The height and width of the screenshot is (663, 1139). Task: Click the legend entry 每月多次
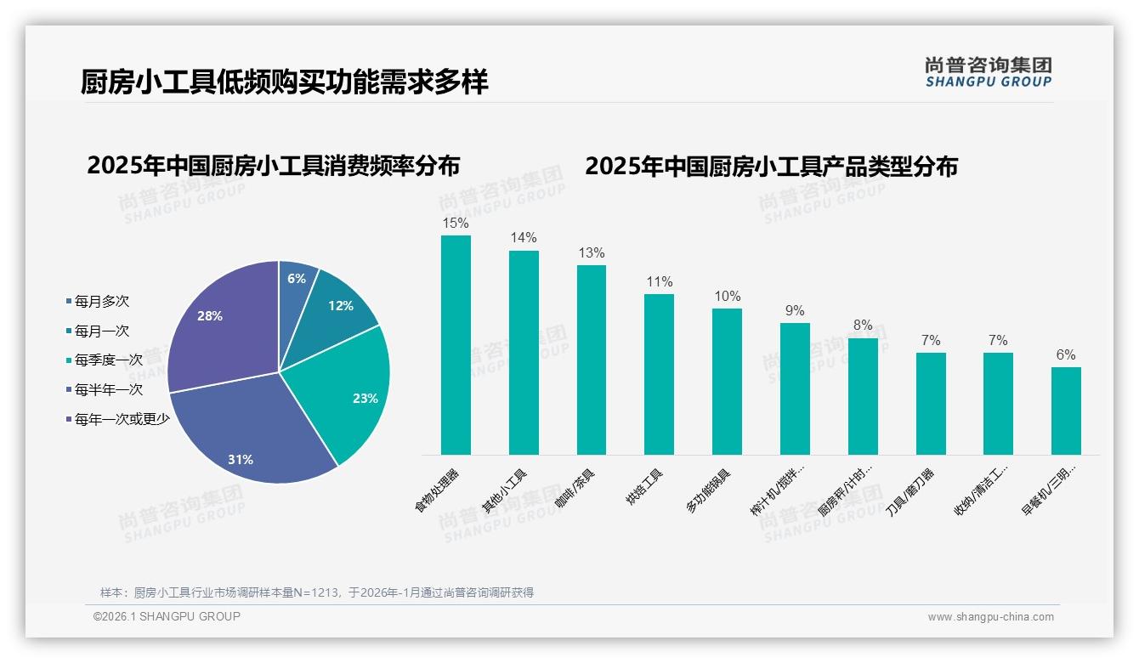coord(101,302)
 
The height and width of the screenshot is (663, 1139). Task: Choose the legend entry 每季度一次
coord(108,360)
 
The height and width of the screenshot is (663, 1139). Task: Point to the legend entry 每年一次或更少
coord(122,419)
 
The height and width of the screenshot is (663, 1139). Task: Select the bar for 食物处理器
coord(456,344)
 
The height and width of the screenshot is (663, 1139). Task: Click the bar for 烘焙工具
coord(659,374)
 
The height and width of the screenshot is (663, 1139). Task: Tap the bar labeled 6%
coord(1066,411)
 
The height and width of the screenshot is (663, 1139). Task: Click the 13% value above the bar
coord(591,253)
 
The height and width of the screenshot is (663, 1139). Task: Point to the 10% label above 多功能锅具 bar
coord(727,297)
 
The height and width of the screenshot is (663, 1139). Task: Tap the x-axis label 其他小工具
coord(505,492)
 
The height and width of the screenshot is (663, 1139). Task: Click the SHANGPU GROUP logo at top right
coord(988,72)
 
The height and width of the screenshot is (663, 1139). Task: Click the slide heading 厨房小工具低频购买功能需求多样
coord(284,83)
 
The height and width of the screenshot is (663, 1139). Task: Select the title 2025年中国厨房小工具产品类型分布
coord(771,167)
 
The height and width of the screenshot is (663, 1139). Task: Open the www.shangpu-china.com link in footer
coord(990,617)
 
